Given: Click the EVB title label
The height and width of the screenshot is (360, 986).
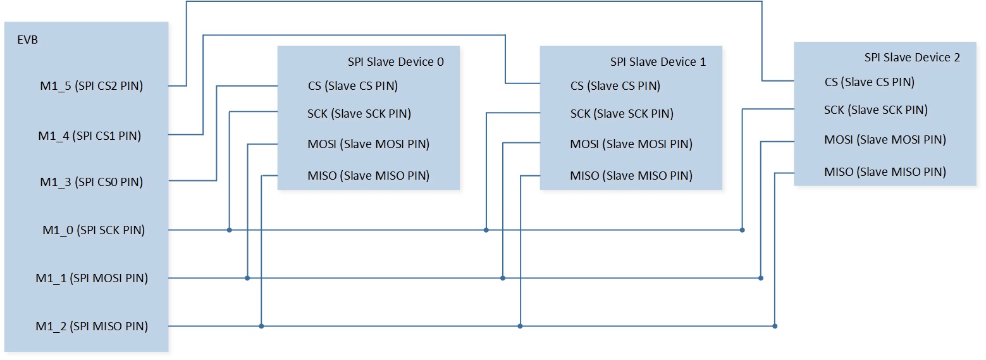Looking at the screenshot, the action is point(27,40).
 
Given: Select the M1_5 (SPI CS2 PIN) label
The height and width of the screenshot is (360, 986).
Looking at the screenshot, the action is point(92,86).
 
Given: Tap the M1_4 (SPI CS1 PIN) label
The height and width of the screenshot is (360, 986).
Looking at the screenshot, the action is point(90,136).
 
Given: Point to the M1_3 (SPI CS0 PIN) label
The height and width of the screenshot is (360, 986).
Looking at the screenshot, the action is point(92,182).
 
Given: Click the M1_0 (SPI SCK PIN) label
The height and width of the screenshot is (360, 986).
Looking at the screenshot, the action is point(94,230).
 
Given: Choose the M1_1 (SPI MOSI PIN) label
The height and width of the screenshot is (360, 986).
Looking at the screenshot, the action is point(92,278).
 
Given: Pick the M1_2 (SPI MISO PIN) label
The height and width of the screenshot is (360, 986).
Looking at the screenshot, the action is point(92,326).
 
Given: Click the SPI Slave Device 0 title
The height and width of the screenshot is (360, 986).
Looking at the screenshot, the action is point(396,62).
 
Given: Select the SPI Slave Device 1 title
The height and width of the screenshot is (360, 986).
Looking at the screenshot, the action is point(658,62).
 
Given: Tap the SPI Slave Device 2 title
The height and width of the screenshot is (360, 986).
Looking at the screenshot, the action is point(912,58).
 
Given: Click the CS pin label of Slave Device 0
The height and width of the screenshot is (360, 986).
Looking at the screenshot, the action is point(353,86).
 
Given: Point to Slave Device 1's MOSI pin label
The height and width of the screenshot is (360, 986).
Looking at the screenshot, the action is point(631,144).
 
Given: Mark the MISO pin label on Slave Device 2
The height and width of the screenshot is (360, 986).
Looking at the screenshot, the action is point(885,171).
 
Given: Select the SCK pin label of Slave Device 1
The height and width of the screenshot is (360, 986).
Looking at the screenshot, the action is point(622,113).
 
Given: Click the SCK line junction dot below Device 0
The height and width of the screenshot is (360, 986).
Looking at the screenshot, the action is point(230,230).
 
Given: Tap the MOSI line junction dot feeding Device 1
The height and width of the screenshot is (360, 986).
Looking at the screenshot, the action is point(503,278).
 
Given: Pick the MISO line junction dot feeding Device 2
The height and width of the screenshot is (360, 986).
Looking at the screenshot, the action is point(775,326).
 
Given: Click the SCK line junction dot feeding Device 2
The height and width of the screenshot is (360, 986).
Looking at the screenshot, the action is point(742,230).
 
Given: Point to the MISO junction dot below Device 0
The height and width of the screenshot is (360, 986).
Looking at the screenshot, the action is point(261,326).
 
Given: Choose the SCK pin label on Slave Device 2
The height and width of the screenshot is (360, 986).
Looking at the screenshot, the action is point(876,110).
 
